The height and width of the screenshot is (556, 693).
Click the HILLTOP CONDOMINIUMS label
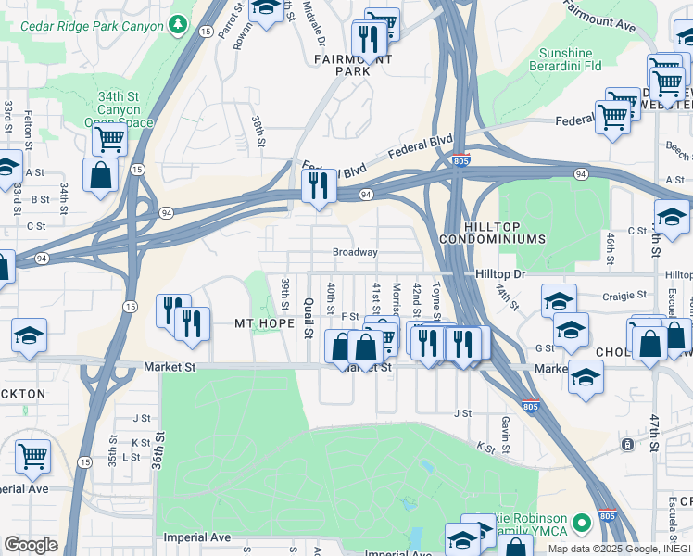click(506, 232)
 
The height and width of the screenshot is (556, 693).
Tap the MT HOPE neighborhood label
click(258, 323)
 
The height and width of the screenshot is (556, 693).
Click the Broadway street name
click(355, 252)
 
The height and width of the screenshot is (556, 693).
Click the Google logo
click(31, 545)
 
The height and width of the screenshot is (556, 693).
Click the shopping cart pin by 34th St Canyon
click(109, 141)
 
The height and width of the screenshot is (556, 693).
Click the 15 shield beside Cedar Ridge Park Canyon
click(204, 32)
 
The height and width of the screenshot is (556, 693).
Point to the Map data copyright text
click(618, 549)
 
